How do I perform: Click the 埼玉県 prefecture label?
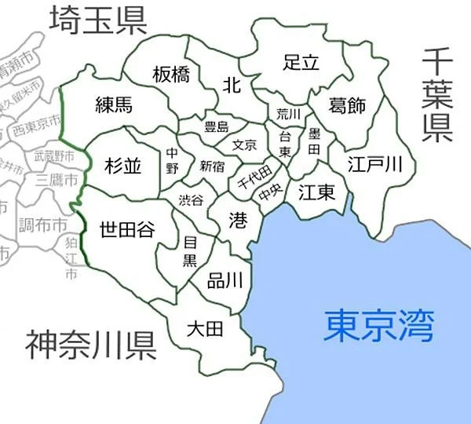click(97, 20)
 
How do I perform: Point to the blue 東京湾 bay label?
click(379, 324)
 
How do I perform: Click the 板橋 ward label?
click(171, 75)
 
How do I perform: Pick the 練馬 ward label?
click(114, 105)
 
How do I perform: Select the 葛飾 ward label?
click(348, 106)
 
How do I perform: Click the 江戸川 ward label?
click(376, 164)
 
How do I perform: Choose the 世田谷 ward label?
click(126, 229)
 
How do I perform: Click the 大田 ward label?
click(205, 328)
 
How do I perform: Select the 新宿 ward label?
click(212, 166)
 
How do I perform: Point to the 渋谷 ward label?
click(191, 199)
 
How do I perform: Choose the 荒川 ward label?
click(284, 114)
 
